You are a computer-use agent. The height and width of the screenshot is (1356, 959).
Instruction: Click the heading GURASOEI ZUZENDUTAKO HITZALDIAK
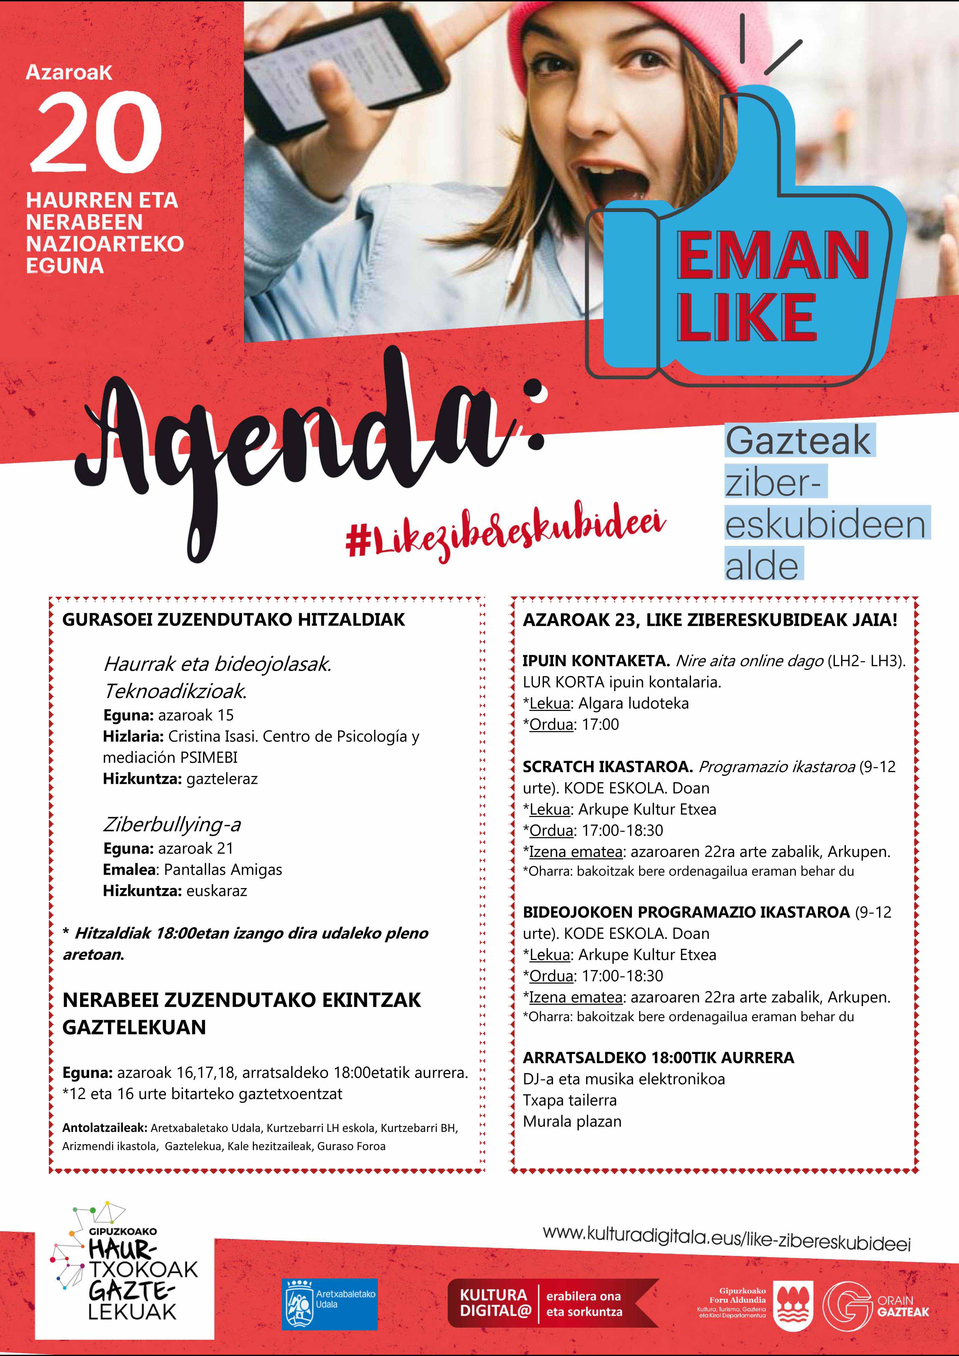[x=234, y=620]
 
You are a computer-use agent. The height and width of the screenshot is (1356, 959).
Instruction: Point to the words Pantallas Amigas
[x=223, y=869]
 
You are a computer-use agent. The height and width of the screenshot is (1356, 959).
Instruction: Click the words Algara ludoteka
[x=633, y=703]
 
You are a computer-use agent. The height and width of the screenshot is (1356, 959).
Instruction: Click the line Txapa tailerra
[x=569, y=1100]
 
